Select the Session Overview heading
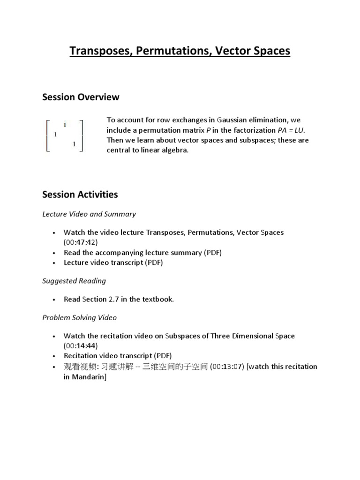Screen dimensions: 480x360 pos(81,97)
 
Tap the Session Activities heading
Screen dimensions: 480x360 pos(80,194)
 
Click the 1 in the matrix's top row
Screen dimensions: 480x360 pos(65,125)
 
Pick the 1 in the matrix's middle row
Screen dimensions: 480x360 pos(55,135)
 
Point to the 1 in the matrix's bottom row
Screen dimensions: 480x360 pos(74,144)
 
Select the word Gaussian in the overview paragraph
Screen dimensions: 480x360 pos(232,120)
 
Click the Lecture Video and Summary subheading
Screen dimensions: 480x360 pos(89,214)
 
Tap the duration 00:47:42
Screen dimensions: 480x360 pos(81,242)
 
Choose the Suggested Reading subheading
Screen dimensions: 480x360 pos(74,281)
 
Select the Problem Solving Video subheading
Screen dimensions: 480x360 pos(79,317)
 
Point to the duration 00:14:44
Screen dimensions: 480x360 pos(81,346)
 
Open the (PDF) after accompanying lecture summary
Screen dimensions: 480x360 pos(212,253)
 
